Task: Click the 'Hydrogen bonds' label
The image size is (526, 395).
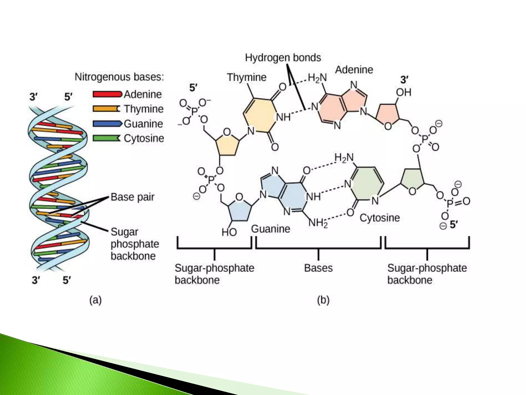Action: pyautogui.click(x=283, y=58)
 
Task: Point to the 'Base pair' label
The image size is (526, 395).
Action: pyautogui.click(x=133, y=197)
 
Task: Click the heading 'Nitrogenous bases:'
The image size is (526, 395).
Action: pyautogui.click(x=119, y=77)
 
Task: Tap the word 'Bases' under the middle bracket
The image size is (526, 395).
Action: pyautogui.click(x=318, y=268)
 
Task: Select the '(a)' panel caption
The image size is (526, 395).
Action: pyautogui.click(x=96, y=300)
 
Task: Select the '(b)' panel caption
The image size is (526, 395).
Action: pyautogui.click(x=323, y=300)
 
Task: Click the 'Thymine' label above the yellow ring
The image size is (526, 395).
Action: pyautogui.click(x=247, y=77)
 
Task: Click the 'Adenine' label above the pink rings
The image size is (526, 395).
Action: pyautogui.click(x=354, y=70)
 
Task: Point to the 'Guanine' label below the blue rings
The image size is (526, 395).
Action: pyautogui.click(x=270, y=229)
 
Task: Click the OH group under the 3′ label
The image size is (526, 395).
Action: pyautogui.click(x=403, y=92)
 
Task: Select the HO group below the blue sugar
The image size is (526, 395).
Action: pyautogui.click(x=229, y=232)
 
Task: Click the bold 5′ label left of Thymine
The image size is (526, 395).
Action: pyautogui.click(x=193, y=88)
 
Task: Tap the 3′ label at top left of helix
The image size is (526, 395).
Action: pyautogui.click(x=33, y=97)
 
